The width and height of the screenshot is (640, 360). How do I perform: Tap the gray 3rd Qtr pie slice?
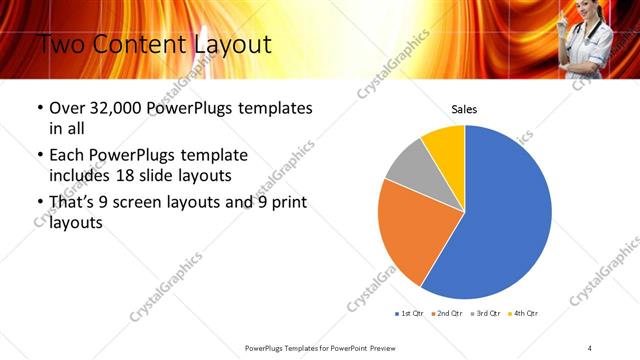pos(408,167)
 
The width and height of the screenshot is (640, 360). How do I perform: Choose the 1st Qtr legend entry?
pos(408,314)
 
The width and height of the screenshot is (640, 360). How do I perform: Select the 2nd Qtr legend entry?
pos(447,314)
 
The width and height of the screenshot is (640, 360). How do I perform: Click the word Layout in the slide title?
pos(234,44)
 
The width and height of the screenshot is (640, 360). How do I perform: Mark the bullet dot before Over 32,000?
pos(39,108)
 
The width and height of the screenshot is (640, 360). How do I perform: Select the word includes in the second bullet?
pos(83,176)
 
